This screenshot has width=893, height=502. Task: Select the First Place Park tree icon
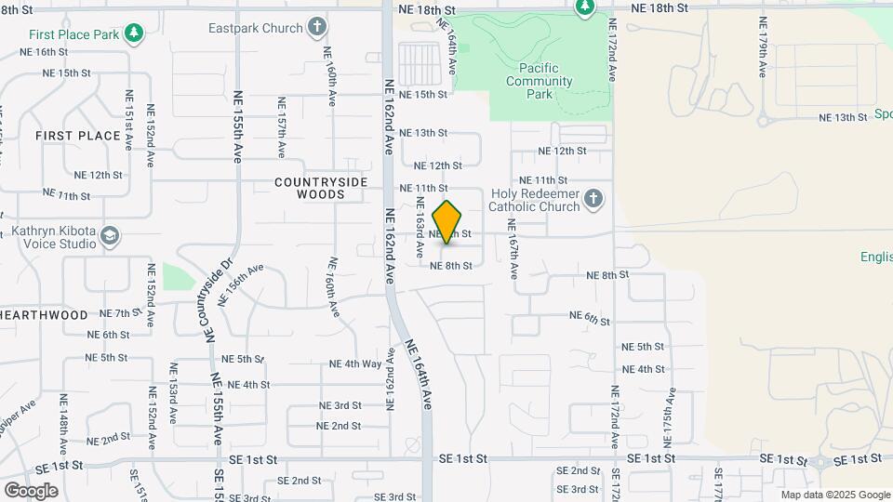pos(135,33)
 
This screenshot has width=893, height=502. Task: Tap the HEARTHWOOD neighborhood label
pos(44,315)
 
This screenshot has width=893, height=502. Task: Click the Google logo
pos(31,490)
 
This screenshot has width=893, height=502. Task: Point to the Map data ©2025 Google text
pos(834,495)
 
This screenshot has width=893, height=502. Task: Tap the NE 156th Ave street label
pos(243,275)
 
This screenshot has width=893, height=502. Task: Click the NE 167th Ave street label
pos(512,250)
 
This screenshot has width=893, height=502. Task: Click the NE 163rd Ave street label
pos(420,228)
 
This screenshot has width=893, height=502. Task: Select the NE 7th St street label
pos(118,313)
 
